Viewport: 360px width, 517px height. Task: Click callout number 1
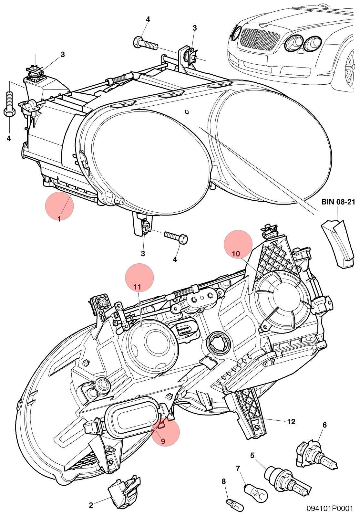(59, 218)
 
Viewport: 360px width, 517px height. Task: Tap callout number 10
(236, 254)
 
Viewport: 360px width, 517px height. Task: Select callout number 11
(137, 287)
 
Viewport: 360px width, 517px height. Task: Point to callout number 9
(163, 441)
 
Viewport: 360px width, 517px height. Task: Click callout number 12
(291, 421)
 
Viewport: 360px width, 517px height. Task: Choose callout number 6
(324, 425)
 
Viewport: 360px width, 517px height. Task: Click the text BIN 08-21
(338, 202)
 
